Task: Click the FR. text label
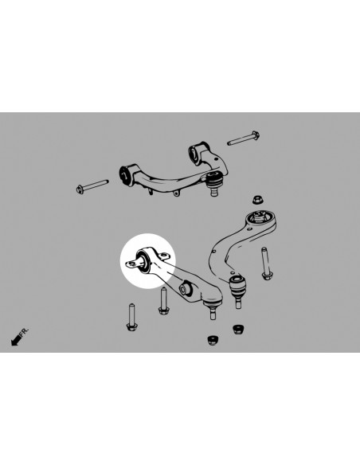24,332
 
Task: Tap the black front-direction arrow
16,340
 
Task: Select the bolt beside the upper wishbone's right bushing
244,139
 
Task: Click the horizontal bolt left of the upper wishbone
92,186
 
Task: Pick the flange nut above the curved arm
259,200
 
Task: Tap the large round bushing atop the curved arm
261,217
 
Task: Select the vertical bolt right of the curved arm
266,264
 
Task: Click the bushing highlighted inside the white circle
143,260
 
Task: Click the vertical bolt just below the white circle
163,301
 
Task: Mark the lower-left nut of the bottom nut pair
213,340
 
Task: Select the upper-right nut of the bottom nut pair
238,329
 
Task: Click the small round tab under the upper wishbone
177,193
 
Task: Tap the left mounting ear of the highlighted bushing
131,263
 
